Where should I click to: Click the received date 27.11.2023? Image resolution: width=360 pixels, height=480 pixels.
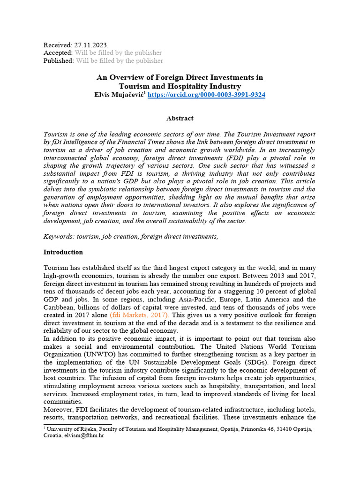pyautogui.click(x=91, y=45)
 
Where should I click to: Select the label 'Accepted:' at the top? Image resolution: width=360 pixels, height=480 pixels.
pyautogui.click(x=58, y=53)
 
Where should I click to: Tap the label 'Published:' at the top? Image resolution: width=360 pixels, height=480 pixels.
pyautogui.click(x=59, y=60)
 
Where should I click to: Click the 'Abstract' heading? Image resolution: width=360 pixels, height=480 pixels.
pyautogui.click(x=180, y=119)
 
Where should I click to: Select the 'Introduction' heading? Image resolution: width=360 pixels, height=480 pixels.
pyautogui.click(x=63, y=252)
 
